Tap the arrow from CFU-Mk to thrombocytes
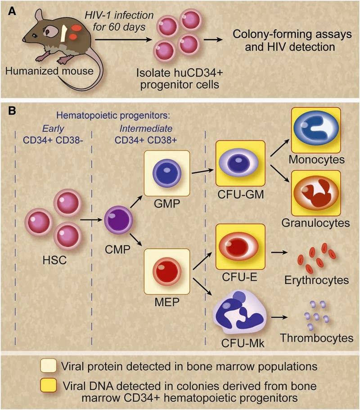[282, 317]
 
